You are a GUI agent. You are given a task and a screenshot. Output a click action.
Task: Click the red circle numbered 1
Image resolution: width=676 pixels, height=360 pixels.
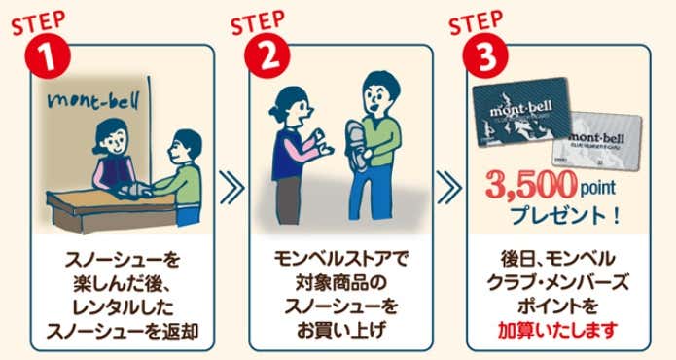pos(48,56)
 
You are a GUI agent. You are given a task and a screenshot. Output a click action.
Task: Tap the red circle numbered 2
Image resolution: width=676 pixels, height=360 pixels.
pos(267,56)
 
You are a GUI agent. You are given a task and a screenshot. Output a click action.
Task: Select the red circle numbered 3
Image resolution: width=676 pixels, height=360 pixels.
pos(485,56)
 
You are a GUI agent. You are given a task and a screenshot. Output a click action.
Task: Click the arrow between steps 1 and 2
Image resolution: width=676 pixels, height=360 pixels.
pos(231,187)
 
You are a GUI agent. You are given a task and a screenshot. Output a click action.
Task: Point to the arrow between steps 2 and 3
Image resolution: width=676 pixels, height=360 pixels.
pos(449,187)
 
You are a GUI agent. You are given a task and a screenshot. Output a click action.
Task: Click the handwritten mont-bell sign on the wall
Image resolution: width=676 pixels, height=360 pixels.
pos(94,102)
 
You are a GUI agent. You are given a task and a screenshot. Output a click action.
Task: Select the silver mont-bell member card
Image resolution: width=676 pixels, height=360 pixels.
pos(597,140)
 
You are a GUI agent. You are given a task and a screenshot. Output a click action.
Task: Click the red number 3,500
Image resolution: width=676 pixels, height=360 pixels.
pos(531,186)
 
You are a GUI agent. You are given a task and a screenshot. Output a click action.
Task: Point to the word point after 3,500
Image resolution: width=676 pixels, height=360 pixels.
pos(597,188)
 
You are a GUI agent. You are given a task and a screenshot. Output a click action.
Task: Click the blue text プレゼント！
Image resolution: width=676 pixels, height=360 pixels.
pos(565,216)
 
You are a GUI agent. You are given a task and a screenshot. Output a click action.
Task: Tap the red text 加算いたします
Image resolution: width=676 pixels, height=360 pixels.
pos(558,331)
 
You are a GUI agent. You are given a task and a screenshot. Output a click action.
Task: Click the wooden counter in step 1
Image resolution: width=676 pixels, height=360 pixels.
pos(110,208)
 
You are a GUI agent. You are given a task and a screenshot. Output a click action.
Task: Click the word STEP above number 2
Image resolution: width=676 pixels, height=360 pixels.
pos(258,22)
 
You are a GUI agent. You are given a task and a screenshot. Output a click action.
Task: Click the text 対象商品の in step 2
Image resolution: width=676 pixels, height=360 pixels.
pos(340,283)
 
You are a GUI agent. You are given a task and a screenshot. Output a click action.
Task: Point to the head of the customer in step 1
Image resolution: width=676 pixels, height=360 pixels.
pos(186,147)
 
